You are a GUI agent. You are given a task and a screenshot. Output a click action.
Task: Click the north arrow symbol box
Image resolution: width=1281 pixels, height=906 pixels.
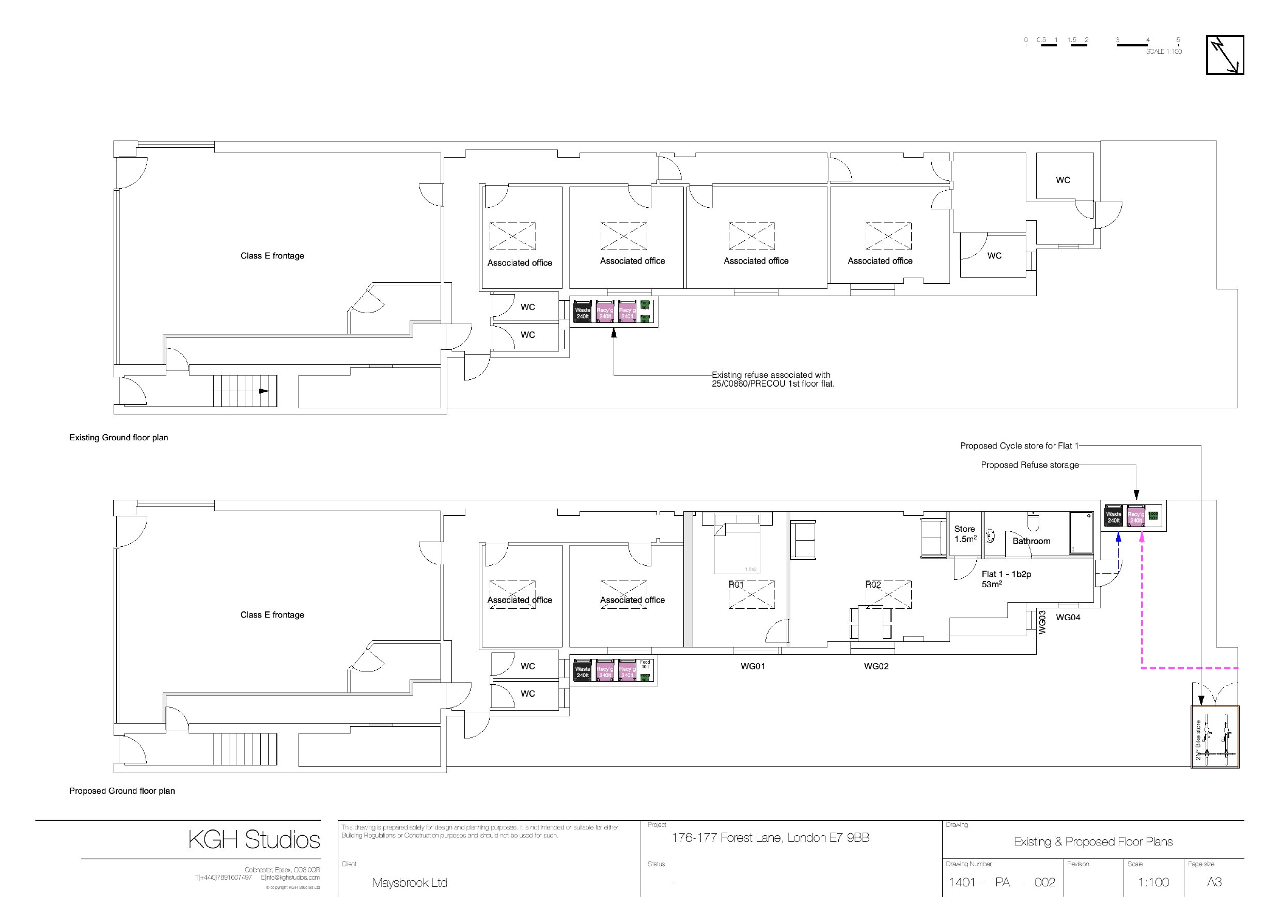coord(1225,55)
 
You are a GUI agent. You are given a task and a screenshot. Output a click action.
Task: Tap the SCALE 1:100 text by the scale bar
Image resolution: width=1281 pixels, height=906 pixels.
coord(1164,51)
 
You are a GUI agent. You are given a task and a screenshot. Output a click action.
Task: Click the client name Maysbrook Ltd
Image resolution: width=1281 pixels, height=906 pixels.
coord(410,883)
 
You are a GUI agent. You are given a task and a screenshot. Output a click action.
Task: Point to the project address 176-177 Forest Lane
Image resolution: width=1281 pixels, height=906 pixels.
coord(770,837)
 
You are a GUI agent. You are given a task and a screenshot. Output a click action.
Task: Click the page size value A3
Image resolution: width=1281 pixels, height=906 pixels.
coord(1214,882)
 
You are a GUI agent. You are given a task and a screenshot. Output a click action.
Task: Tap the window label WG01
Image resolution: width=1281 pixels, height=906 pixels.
coord(752,666)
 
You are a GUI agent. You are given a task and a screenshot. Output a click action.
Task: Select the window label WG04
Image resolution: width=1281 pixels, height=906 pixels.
coord(1068,618)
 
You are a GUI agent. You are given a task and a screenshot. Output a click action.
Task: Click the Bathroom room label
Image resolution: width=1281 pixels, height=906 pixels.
coord(1031,541)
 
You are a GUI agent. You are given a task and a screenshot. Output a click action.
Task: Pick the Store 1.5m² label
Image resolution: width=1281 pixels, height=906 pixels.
coord(965,534)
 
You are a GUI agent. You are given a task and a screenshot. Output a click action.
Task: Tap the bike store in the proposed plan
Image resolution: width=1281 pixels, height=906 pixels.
coord(1214,737)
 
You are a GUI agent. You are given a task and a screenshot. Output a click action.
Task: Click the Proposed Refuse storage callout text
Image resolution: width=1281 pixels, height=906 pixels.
coord(1029,465)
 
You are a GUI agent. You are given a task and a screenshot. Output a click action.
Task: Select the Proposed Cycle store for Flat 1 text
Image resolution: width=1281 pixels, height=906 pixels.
coord(1019,446)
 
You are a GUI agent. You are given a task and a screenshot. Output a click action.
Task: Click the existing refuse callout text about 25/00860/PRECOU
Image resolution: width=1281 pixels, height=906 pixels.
coord(772,379)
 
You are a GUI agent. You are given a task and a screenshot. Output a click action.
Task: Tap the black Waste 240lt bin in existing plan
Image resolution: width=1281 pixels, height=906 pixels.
coord(583,313)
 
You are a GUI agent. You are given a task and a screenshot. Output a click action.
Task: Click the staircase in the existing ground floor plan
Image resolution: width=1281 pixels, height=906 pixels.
coord(245,391)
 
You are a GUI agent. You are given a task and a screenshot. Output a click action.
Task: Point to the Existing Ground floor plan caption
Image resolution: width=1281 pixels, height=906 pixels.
coord(118,438)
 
